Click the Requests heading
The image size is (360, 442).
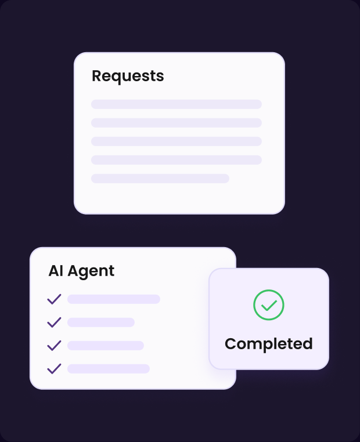[x=128, y=76]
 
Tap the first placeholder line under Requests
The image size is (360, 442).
[x=177, y=104]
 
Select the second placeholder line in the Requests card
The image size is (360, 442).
[x=177, y=123]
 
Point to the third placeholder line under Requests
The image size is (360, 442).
[x=177, y=142]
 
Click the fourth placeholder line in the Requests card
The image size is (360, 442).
[x=177, y=160]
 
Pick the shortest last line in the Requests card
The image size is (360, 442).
[x=160, y=179]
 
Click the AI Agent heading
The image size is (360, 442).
[x=81, y=271]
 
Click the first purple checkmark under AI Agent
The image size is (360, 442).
[x=54, y=299]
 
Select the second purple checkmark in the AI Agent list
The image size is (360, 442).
[x=54, y=322]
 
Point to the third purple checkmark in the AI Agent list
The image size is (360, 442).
[x=54, y=345]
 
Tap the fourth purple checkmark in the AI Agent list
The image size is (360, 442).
[x=54, y=369]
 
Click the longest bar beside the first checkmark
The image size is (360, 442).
[x=114, y=299]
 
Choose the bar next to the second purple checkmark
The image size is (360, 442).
[x=100, y=322]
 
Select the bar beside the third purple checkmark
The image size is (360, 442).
[x=106, y=345]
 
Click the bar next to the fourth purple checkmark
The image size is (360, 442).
[x=109, y=369]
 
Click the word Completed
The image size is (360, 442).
[x=269, y=344]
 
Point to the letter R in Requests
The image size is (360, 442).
[x=97, y=76]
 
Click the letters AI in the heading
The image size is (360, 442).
[x=56, y=271]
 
